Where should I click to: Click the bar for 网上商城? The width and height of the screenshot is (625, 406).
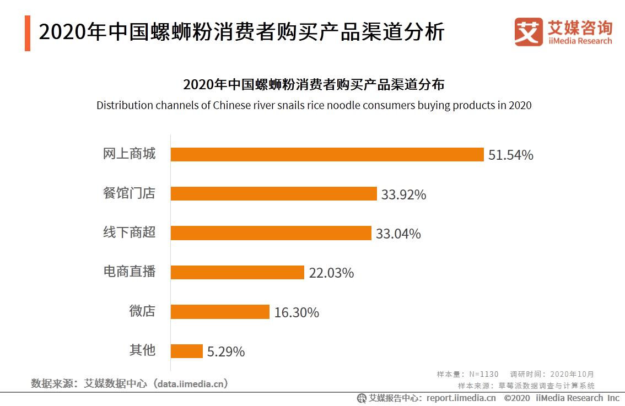click(327, 155)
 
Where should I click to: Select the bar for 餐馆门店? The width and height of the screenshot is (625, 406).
click(273, 194)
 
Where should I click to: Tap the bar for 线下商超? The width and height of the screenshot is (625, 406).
click(271, 233)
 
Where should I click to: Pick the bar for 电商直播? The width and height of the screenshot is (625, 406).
click(237, 272)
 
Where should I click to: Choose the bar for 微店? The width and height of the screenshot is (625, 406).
click(220, 312)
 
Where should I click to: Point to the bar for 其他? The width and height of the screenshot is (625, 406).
click(187, 351)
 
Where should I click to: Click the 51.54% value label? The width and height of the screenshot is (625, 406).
click(510, 155)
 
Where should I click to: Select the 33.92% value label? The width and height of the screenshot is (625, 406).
click(403, 194)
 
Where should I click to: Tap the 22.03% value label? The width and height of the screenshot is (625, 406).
click(331, 273)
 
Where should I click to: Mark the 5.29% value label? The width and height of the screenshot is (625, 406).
click(226, 351)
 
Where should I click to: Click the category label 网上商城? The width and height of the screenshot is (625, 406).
click(130, 154)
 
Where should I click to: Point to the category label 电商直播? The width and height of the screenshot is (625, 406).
click(130, 272)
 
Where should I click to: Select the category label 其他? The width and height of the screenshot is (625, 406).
click(142, 350)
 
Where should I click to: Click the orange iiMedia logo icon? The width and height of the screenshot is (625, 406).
click(528, 31)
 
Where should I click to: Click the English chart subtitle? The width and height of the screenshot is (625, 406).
click(314, 105)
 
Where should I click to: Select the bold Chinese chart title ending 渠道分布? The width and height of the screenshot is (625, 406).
click(314, 85)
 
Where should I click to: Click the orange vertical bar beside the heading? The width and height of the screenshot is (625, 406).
click(28, 34)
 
